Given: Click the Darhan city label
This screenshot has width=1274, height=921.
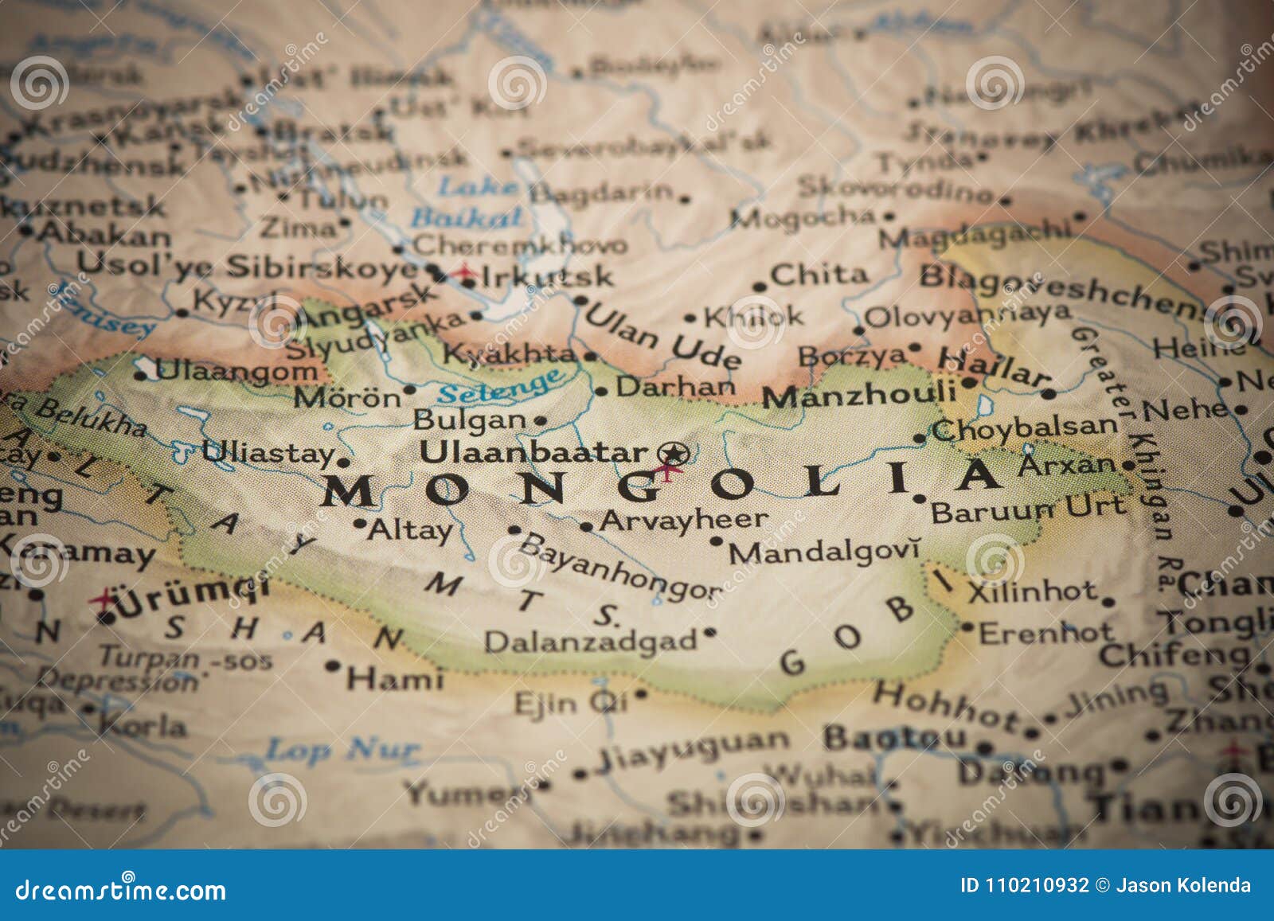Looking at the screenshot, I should pos(676,387).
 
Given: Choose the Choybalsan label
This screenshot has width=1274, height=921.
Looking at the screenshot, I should pos(1025,429).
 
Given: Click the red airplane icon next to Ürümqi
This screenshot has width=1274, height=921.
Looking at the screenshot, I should pos(103,598).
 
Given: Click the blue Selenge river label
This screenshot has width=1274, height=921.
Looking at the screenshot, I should pos(502,388).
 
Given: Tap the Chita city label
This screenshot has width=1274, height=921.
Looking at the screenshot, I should pos(819,275).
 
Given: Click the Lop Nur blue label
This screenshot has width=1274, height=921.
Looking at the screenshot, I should pos(342,749).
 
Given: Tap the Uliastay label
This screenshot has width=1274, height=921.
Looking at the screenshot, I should pos(268,453).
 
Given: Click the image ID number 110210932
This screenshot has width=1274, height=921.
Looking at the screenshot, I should pos(1034,885).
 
